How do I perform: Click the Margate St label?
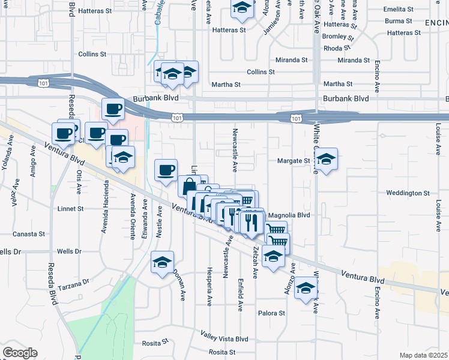click(x=293, y=161)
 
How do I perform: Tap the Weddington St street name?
click(x=408, y=193)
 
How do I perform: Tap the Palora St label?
click(x=271, y=313)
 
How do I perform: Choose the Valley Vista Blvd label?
click(x=224, y=338)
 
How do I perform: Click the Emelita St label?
click(x=399, y=10)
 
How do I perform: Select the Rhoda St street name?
click(x=337, y=49)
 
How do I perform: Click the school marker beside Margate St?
click(x=326, y=159)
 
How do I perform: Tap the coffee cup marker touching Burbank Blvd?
click(x=112, y=109)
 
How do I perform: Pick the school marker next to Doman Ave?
click(x=162, y=262)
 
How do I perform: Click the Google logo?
click(x=20, y=353)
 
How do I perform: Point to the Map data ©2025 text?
click(x=424, y=355)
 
